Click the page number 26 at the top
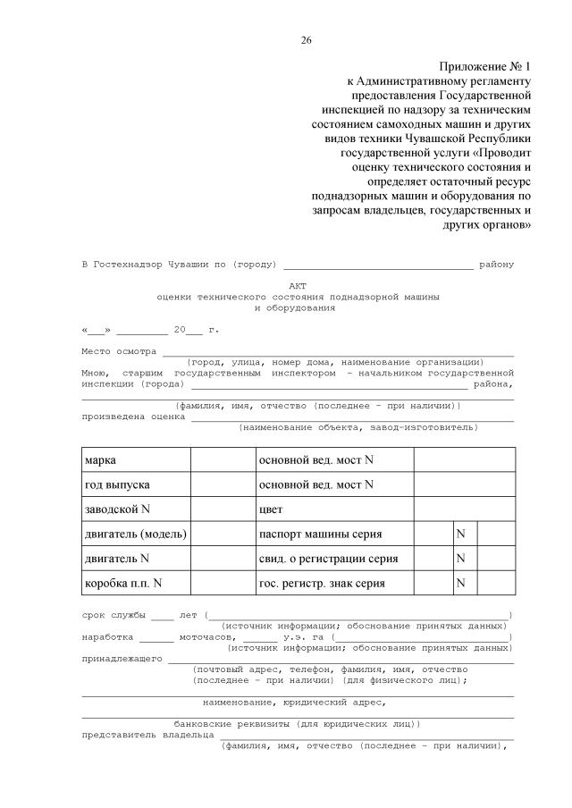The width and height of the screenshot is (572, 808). coord(307,39)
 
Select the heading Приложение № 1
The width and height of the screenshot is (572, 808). coord(485,67)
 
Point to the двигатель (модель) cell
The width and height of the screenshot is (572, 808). coord(135,534)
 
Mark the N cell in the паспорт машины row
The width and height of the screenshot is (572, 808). coord(462,534)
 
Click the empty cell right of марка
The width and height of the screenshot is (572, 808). coord(223,459)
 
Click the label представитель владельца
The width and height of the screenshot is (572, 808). coord(147,734)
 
